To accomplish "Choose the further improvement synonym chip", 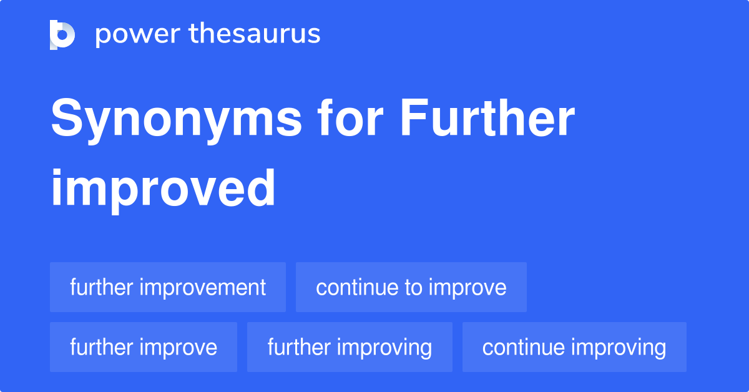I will point(168,287).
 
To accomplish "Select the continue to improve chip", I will point(411,287).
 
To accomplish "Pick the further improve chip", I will point(144,347).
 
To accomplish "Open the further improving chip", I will point(350,347).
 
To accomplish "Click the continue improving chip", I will point(574,347).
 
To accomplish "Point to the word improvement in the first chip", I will point(203,288).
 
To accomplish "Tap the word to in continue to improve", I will point(414,288).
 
